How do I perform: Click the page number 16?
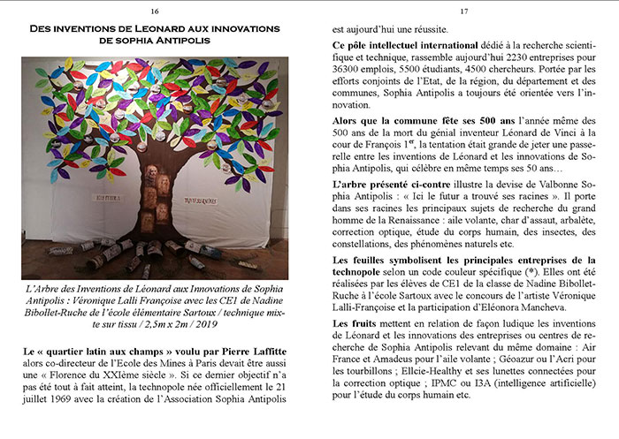(155, 11)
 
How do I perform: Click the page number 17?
(462, 11)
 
